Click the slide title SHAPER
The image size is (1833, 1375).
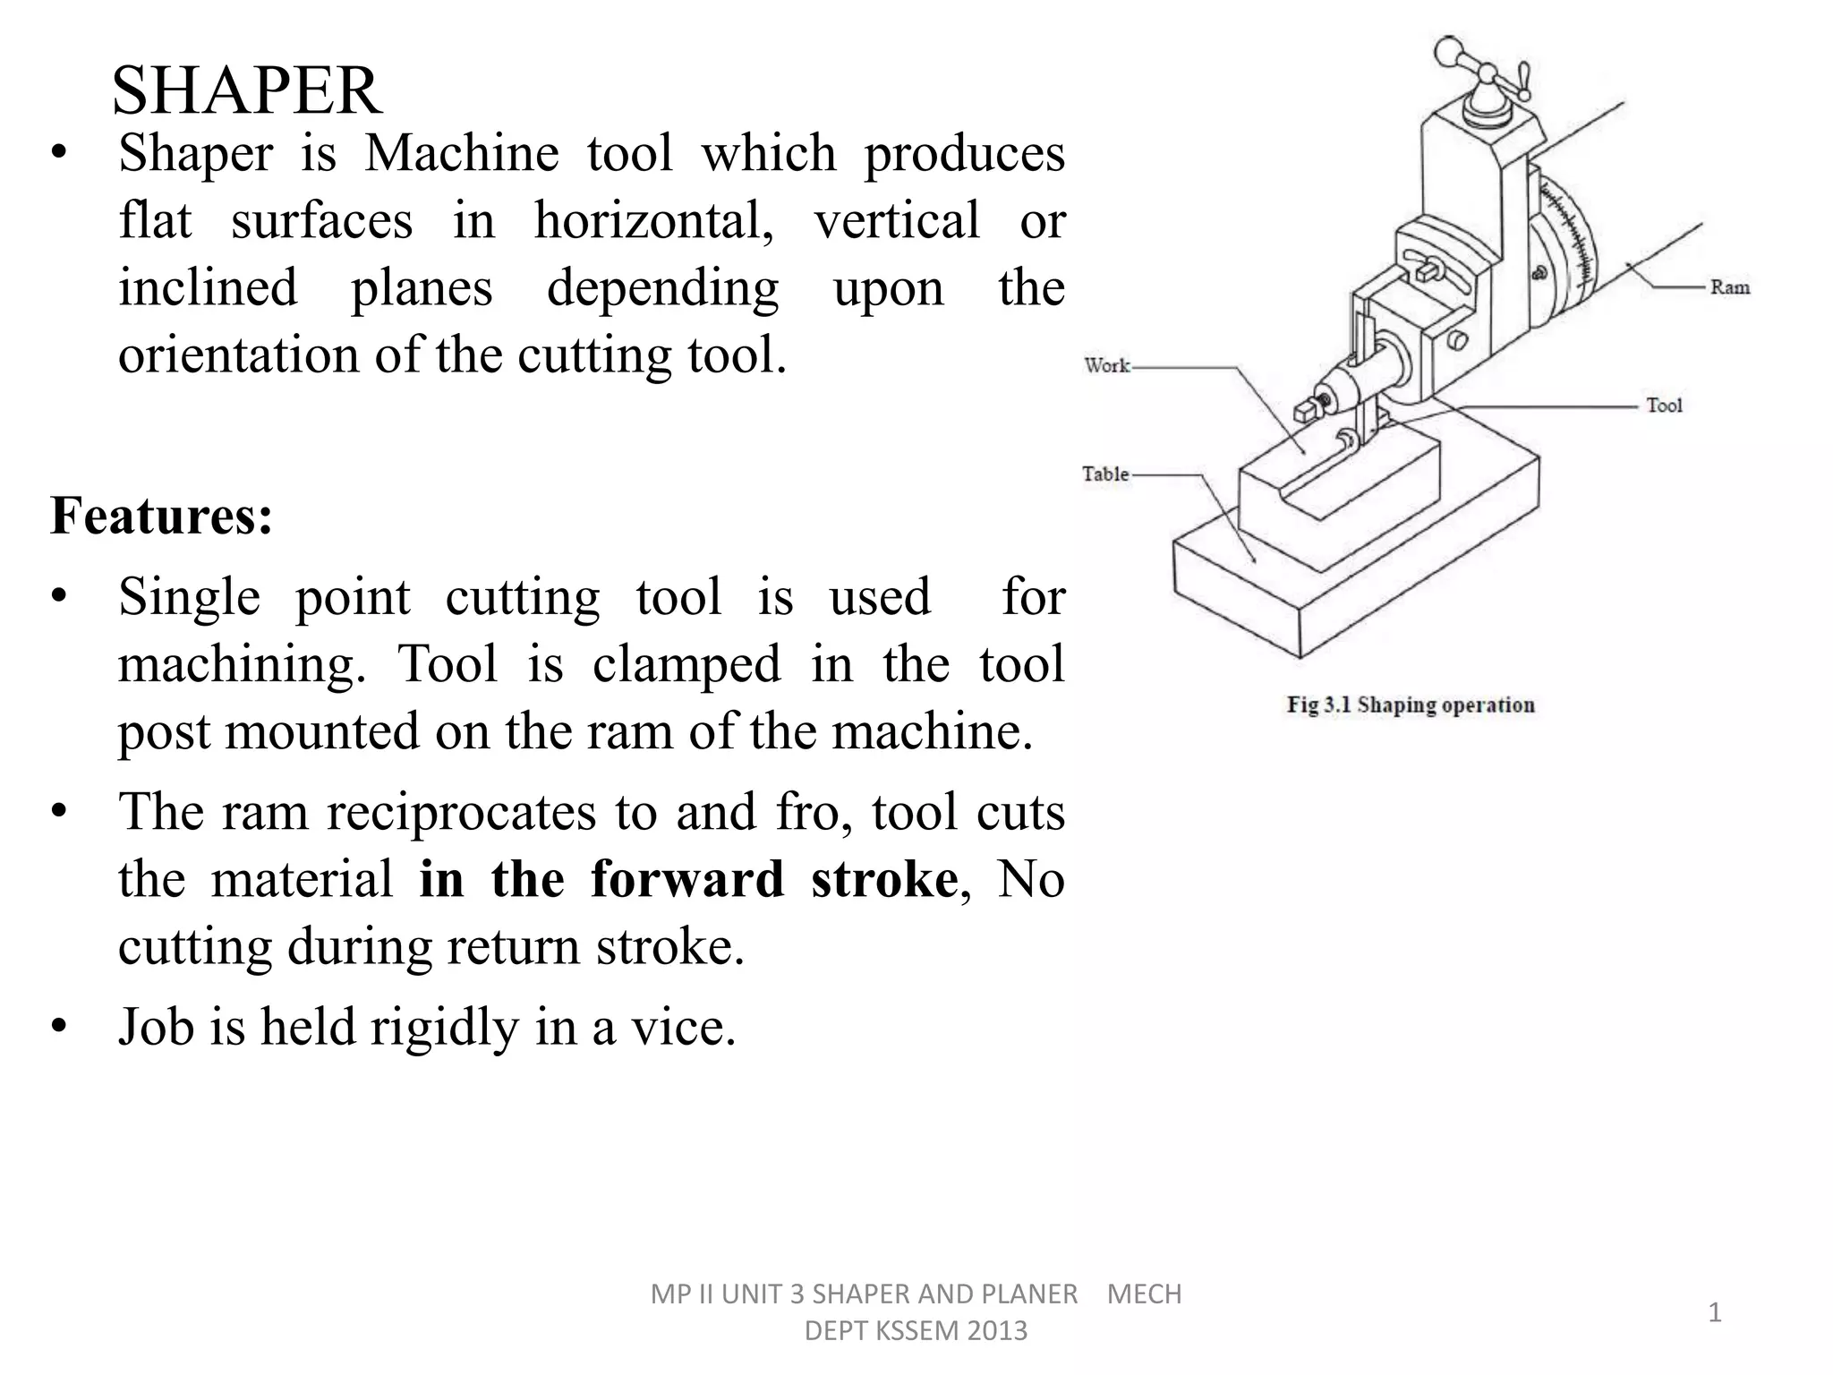point(247,91)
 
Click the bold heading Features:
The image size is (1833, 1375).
point(162,516)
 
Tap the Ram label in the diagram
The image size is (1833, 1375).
point(1729,287)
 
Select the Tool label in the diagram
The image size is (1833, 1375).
point(1664,406)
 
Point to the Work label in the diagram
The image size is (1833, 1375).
point(1107,365)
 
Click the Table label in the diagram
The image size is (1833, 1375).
point(1105,474)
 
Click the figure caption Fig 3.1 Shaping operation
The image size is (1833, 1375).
point(1411,705)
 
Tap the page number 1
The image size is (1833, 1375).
point(1715,1312)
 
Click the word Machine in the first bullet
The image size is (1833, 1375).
point(462,153)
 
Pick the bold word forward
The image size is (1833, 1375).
point(686,878)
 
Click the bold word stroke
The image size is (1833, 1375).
point(884,878)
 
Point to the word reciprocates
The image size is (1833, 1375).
point(461,812)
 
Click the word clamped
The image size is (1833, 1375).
point(686,664)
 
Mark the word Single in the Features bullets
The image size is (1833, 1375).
point(190,597)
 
